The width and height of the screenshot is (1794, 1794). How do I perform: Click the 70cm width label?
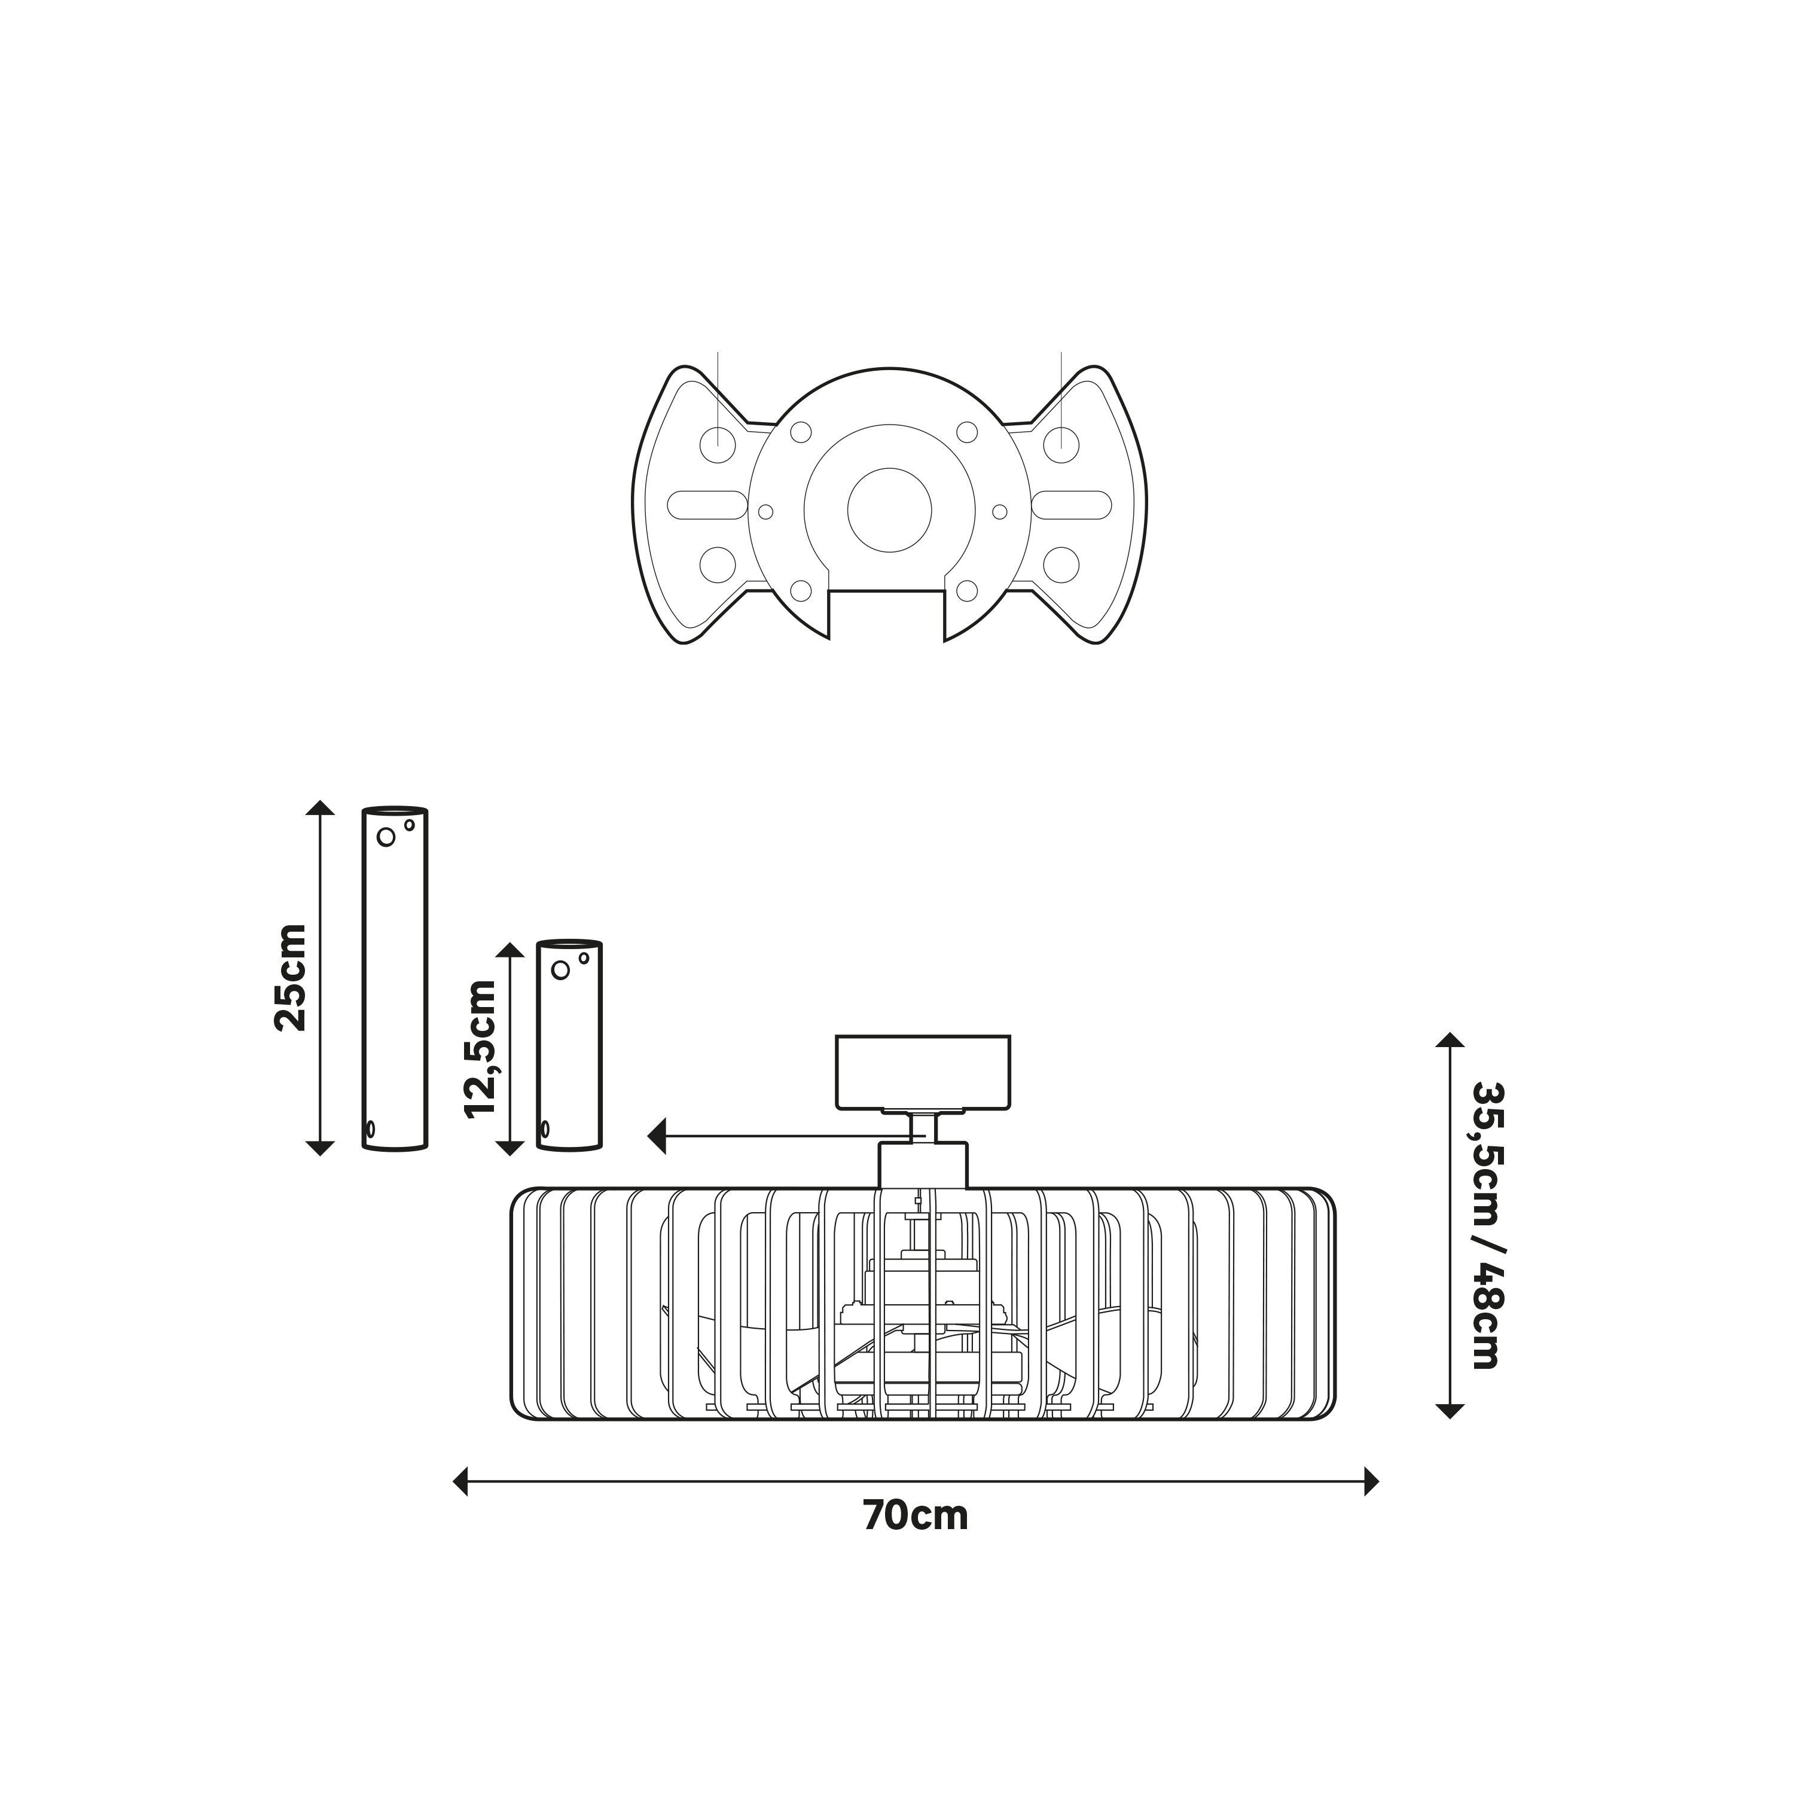pyautogui.click(x=916, y=1515)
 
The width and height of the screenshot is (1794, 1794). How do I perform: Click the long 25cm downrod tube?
pyautogui.click(x=395, y=979)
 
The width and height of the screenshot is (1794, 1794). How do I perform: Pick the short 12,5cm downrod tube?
pyautogui.click(x=570, y=1045)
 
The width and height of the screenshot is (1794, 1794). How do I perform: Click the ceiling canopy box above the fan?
pyautogui.click(x=923, y=1072)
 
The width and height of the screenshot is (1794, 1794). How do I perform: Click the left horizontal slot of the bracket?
pyautogui.click(x=707, y=505)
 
